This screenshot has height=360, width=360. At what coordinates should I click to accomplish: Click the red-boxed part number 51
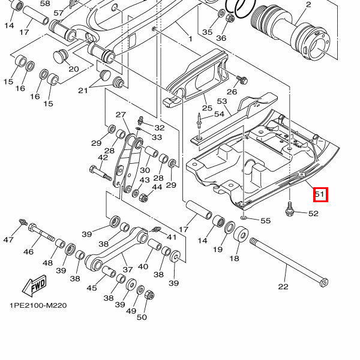coord(320,194)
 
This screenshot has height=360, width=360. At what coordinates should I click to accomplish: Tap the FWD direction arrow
coord(34,286)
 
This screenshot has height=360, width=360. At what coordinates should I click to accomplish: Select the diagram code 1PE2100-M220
coord(38,305)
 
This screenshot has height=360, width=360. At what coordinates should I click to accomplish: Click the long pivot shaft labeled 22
coord(289,262)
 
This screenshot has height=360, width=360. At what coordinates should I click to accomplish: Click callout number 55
coord(266,221)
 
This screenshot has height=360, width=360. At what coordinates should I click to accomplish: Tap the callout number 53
coord(222,101)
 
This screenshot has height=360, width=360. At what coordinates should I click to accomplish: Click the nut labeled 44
coord(144,197)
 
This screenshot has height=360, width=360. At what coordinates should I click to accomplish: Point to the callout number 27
coord(121,115)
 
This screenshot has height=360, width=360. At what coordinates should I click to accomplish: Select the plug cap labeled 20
coord(61,55)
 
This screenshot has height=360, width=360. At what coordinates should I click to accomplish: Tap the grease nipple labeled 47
coord(23,222)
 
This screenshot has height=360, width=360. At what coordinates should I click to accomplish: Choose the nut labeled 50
coord(149,295)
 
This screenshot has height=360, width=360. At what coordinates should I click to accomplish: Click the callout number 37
coord(128,269)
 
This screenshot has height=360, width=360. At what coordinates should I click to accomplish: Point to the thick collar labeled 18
coord(241,235)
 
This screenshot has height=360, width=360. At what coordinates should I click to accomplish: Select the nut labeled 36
coord(230,18)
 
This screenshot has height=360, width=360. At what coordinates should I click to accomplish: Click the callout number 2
coord(308,5)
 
